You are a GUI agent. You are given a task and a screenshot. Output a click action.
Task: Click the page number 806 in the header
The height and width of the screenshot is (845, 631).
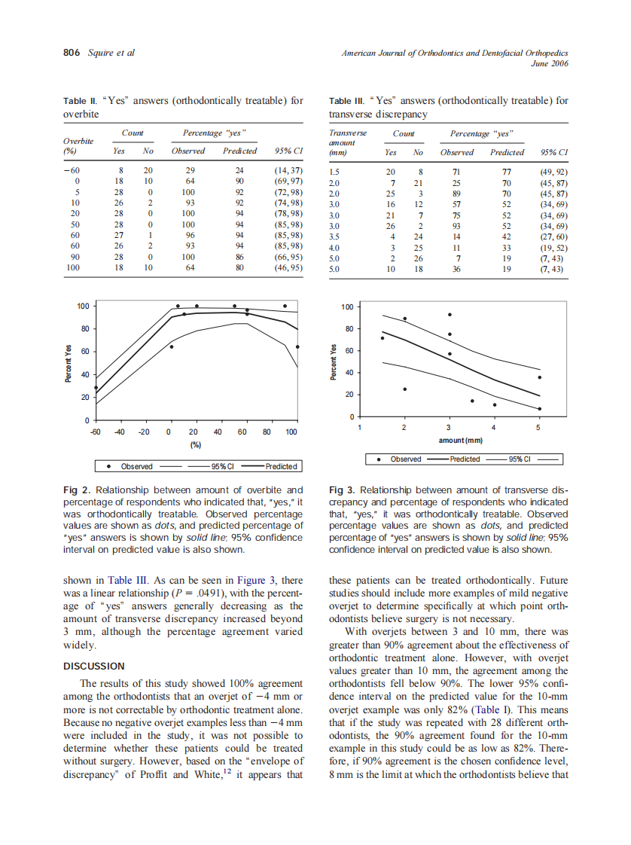pyautogui.click(x=72, y=53)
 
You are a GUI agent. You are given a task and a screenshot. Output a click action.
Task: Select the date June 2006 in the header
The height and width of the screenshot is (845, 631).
pyautogui.click(x=550, y=64)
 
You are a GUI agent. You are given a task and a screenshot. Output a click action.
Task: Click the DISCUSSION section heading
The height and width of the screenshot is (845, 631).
pyautogui.click(x=94, y=666)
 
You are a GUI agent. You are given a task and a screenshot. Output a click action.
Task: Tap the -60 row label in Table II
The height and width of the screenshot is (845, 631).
pyautogui.click(x=72, y=171)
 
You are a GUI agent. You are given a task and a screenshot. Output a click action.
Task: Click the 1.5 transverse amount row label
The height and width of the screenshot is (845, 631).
pyautogui.click(x=334, y=172)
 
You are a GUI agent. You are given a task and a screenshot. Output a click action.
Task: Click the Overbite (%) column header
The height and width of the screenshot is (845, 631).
pyautogui.click(x=78, y=145)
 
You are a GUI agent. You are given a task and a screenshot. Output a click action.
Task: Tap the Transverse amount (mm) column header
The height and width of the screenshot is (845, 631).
pyautogui.click(x=348, y=142)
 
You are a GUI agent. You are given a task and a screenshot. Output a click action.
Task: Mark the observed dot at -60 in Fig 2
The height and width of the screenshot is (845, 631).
pyautogui.click(x=96, y=388)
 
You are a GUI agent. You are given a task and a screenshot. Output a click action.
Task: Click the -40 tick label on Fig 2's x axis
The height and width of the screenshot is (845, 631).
pyautogui.click(x=119, y=432)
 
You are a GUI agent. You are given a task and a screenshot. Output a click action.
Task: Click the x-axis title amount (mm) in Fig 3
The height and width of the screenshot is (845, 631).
pyautogui.click(x=460, y=440)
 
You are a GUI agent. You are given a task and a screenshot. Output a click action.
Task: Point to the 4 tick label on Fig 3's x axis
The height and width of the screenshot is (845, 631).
pyautogui.click(x=494, y=428)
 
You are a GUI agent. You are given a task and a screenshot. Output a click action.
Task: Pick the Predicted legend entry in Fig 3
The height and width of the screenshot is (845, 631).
pyautogui.click(x=464, y=459)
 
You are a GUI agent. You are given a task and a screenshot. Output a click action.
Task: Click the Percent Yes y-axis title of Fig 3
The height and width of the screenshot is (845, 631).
pyautogui.click(x=335, y=361)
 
